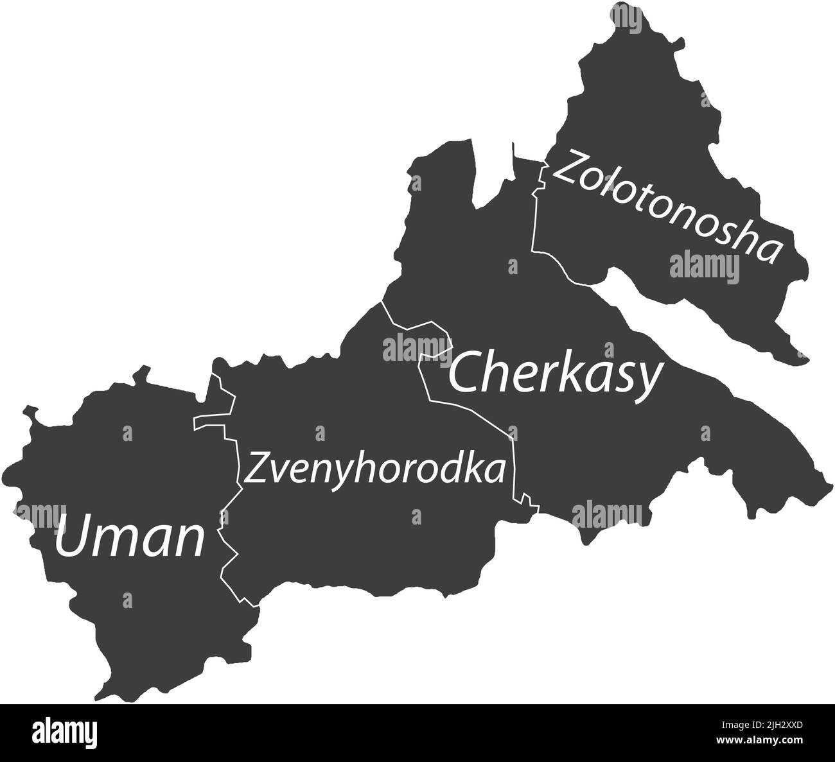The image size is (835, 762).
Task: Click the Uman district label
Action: pos(130,538)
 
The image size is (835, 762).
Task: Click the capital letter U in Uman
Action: pos(72,538)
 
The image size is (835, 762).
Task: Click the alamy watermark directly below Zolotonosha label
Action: pos(705,266)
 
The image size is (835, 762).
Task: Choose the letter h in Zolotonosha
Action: pos(739,238)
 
